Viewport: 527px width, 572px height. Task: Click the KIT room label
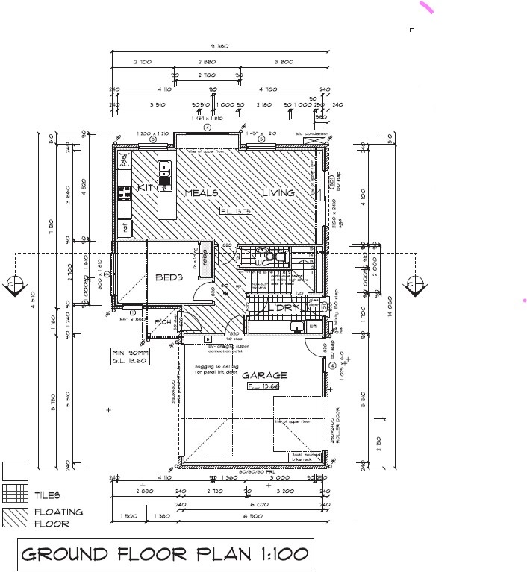[x=145, y=189]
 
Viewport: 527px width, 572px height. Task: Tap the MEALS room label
[x=201, y=193]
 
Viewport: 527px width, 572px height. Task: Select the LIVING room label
[x=278, y=193]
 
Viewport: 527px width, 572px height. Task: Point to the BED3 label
[x=169, y=277]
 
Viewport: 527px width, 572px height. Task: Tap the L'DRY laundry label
[x=284, y=307]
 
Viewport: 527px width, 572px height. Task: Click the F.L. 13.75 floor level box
[x=236, y=212]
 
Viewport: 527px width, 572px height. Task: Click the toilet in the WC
[x=280, y=256]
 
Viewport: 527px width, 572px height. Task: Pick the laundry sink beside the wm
[x=297, y=326]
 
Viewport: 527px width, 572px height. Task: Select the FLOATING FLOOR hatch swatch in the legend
[x=16, y=518]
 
